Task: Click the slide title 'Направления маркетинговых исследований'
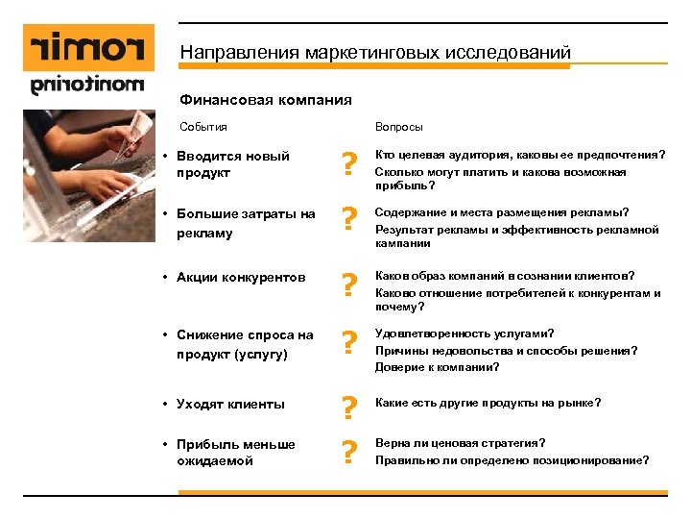[x=375, y=51]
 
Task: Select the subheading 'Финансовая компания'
[x=266, y=100]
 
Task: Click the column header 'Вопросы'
[x=398, y=127]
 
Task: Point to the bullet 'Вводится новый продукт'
[x=232, y=164]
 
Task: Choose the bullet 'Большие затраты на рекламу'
[x=246, y=223]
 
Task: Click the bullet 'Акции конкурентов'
[x=241, y=279]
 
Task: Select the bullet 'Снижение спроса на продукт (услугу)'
[x=245, y=344]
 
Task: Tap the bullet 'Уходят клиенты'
[x=230, y=404]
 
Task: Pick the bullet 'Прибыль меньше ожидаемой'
[x=235, y=453]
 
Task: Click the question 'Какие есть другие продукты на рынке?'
[x=488, y=403]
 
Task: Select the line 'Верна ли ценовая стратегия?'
[x=460, y=443]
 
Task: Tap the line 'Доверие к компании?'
[x=437, y=366]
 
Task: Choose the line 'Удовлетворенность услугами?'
[x=464, y=334]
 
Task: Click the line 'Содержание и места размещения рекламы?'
[x=502, y=212]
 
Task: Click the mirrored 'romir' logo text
[x=86, y=46]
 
